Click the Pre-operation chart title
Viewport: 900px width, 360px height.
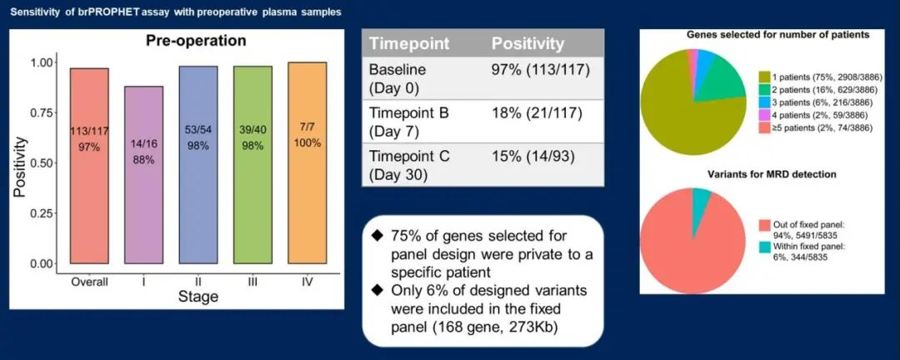click(196, 41)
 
